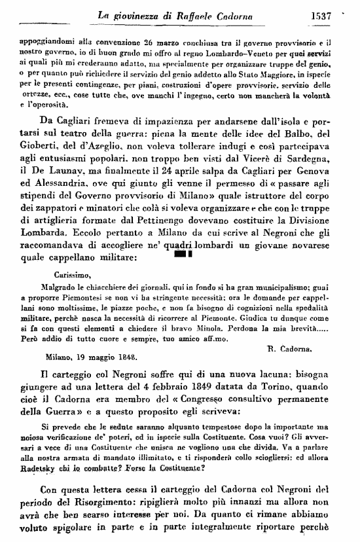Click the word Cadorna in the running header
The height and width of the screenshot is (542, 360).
click(235, 12)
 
